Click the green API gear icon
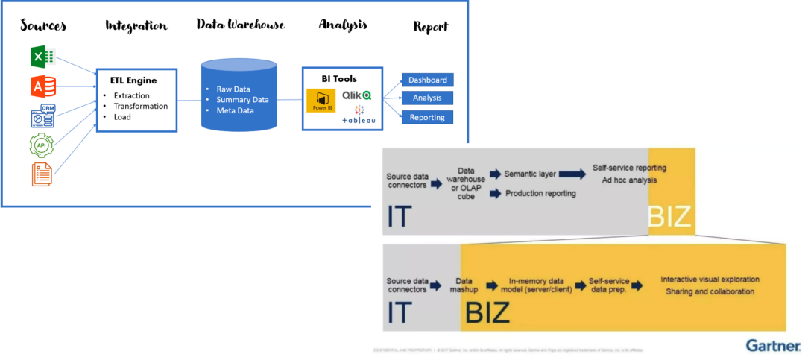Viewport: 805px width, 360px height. pyautogui.click(x=41, y=145)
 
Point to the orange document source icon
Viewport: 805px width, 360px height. pyautogui.click(x=41, y=174)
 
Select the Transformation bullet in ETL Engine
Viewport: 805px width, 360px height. pyautogui.click(x=140, y=106)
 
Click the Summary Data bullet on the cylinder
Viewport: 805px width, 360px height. pyautogui.click(x=242, y=100)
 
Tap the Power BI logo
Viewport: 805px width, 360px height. pyautogui.click(x=321, y=100)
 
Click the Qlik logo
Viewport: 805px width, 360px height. pyautogui.click(x=356, y=95)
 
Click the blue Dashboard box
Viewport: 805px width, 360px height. pyautogui.click(x=427, y=80)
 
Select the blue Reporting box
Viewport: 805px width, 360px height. pyautogui.click(x=427, y=117)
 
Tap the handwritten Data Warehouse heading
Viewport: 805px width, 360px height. pyautogui.click(x=240, y=25)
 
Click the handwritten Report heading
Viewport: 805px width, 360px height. pyautogui.click(x=431, y=27)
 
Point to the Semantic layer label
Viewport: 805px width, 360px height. pyautogui.click(x=531, y=174)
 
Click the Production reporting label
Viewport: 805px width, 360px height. pyautogui.click(x=540, y=194)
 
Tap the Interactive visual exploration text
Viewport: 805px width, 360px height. pyautogui.click(x=710, y=280)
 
